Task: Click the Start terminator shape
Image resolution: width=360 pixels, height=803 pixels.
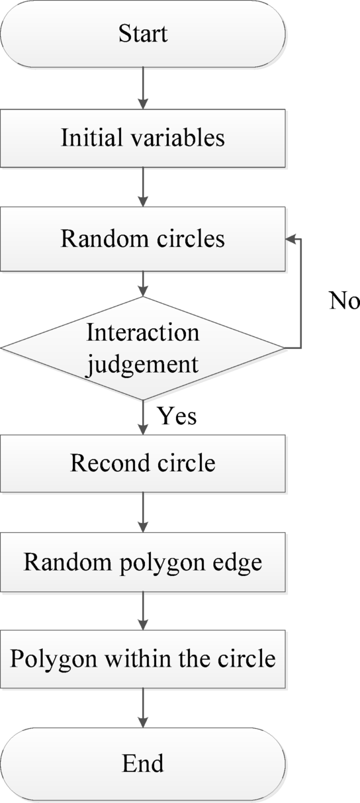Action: [143, 34]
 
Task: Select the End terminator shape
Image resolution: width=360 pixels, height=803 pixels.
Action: [143, 763]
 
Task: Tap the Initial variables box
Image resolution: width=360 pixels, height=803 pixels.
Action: [143, 138]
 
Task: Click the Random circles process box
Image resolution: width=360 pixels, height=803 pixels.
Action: [143, 238]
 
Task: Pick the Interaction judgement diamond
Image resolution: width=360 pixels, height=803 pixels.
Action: [143, 348]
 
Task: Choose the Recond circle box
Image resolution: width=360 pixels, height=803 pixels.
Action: [143, 463]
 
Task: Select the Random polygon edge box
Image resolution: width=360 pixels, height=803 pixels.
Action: [143, 562]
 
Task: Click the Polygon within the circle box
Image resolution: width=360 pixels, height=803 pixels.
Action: [143, 659]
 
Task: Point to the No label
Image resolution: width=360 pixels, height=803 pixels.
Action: [344, 301]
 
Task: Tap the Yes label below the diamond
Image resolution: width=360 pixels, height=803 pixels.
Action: [177, 417]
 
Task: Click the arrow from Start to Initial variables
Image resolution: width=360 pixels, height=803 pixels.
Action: [143, 88]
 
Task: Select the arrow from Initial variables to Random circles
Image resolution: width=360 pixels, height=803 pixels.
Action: [143, 188]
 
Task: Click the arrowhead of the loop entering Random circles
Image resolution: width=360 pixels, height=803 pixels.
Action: [291, 239]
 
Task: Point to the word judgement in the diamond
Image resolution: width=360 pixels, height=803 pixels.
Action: [143, 363]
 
